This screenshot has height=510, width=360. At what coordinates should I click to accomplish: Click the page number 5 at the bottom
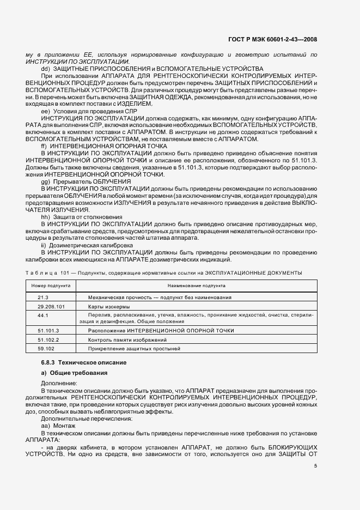pyautogui.click(x=316, y=466)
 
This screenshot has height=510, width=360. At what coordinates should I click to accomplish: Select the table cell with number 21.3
pyautogui.click(x=44, y=297)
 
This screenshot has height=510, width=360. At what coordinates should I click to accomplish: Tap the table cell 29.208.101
pyautogui.click(x=51, y=307)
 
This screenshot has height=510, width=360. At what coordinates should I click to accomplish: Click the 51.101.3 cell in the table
pyautogui.click(x=48, y=331)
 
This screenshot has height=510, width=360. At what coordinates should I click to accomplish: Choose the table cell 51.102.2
pyautogui.click(x=48, y=339)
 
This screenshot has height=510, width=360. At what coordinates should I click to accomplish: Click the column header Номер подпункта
pyautogui.click(x=51, y=286)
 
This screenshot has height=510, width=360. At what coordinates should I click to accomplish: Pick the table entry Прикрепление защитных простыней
pyautogui.click(x=126, y=348)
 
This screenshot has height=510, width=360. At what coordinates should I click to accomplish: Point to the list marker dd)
pyautogui.click(x=45, y=69)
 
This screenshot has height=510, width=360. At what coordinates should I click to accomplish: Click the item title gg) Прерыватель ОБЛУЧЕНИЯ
pyautogui.click(x=86, y=181)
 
